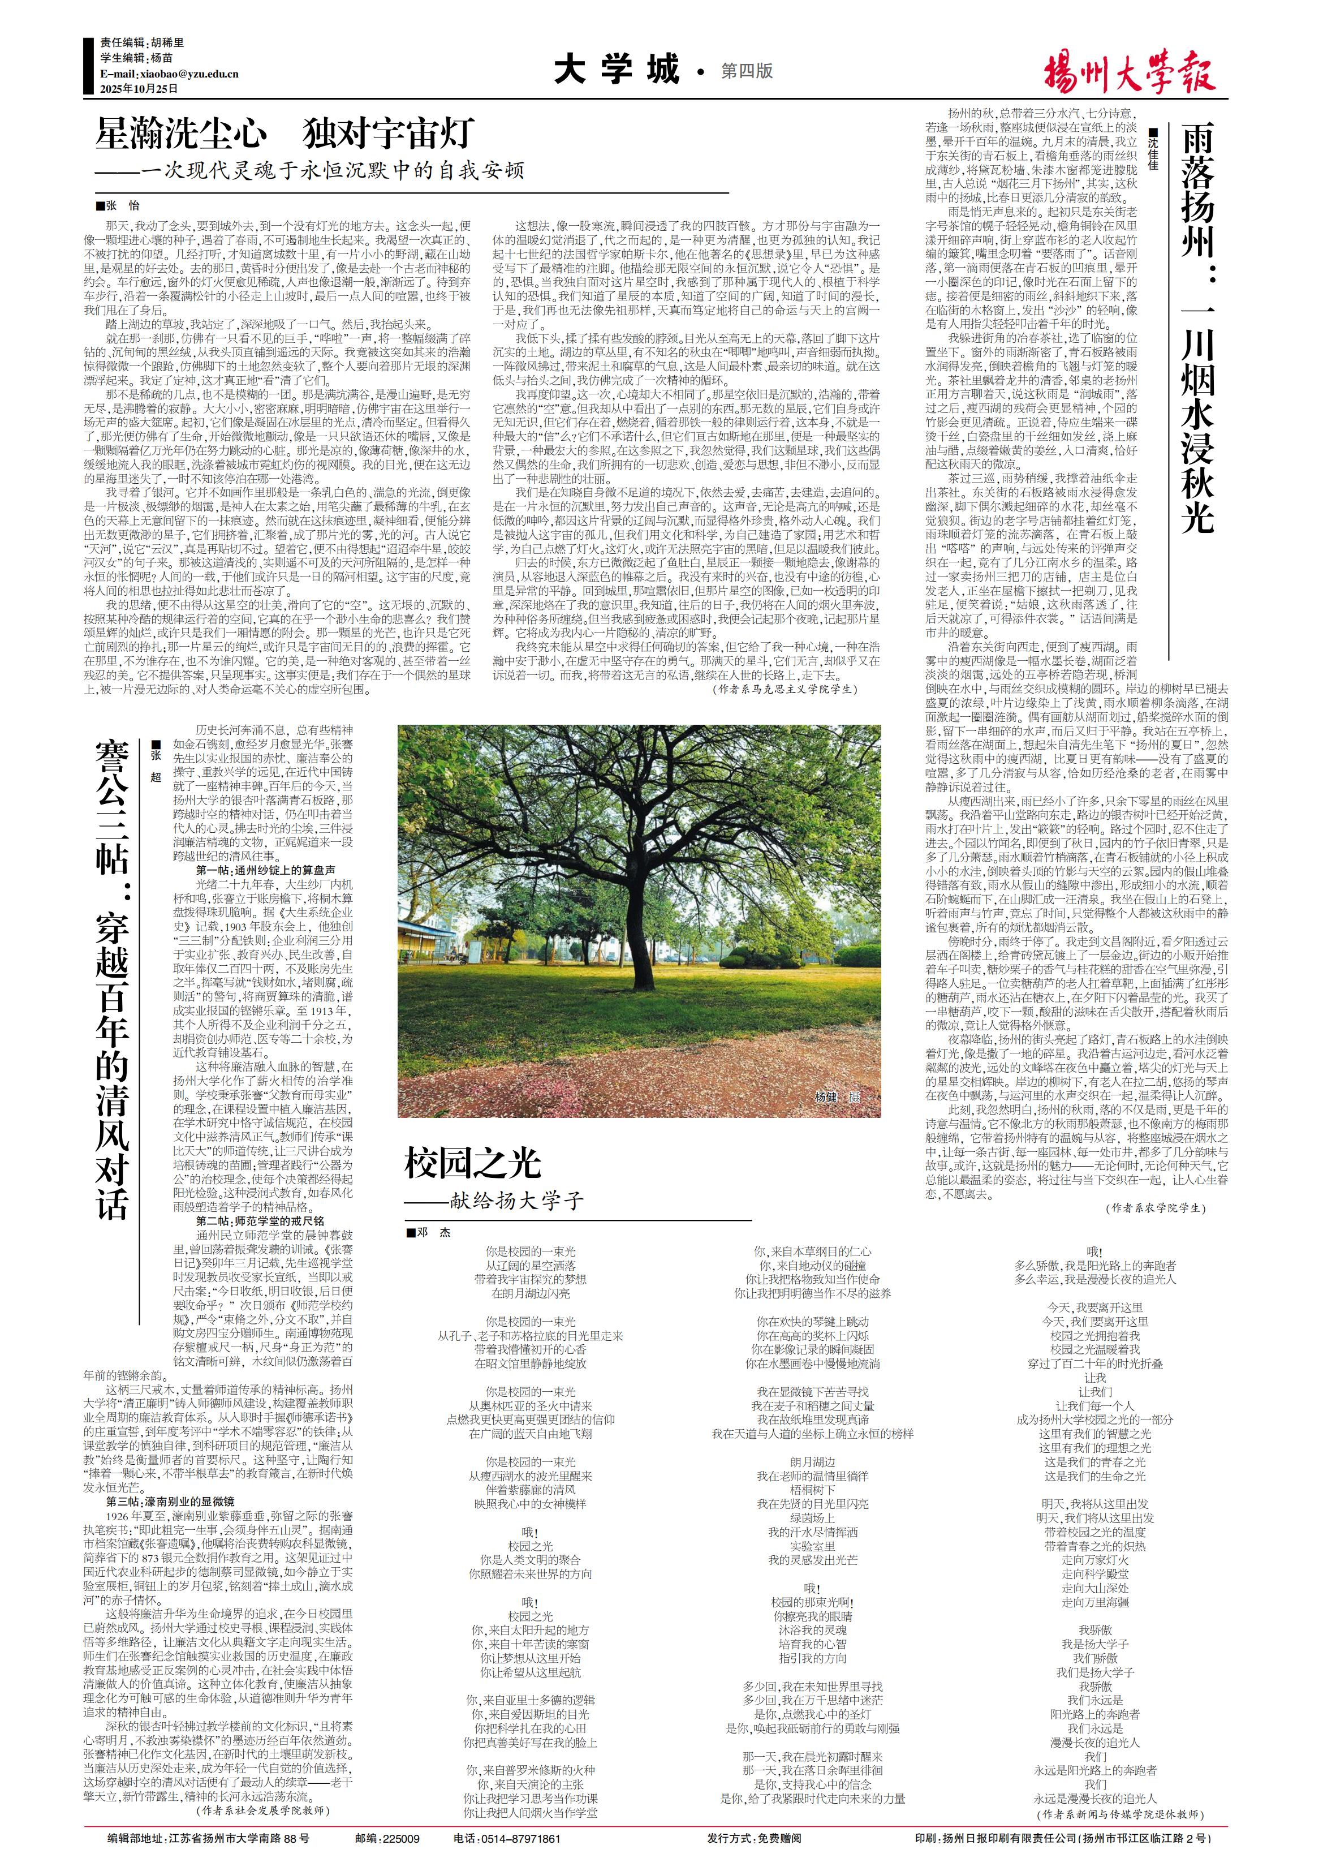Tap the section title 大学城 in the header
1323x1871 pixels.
coord(617,70)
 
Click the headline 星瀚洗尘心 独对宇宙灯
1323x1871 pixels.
coord(285,133)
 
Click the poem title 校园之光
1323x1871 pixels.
coord(472,1162)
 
